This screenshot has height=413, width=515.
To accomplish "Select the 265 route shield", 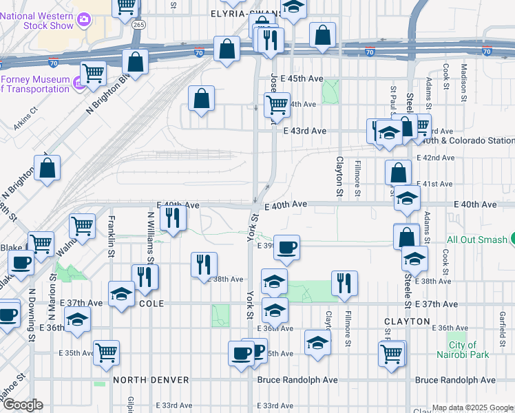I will pyautogui.click(x=139, y=23).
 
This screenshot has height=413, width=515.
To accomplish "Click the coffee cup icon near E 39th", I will pyautogui.click(x=286, y=246).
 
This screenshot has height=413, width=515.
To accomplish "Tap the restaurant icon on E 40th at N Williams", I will pyautogui.click(x=172, y=218).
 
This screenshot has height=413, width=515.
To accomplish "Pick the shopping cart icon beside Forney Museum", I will pyautogui.click(x=93, y=72).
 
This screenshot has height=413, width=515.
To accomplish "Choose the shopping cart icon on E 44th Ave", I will pyautogui.click(x=277, y=105).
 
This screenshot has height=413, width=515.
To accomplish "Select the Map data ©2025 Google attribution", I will pyautogui.click(x=472, y=407).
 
